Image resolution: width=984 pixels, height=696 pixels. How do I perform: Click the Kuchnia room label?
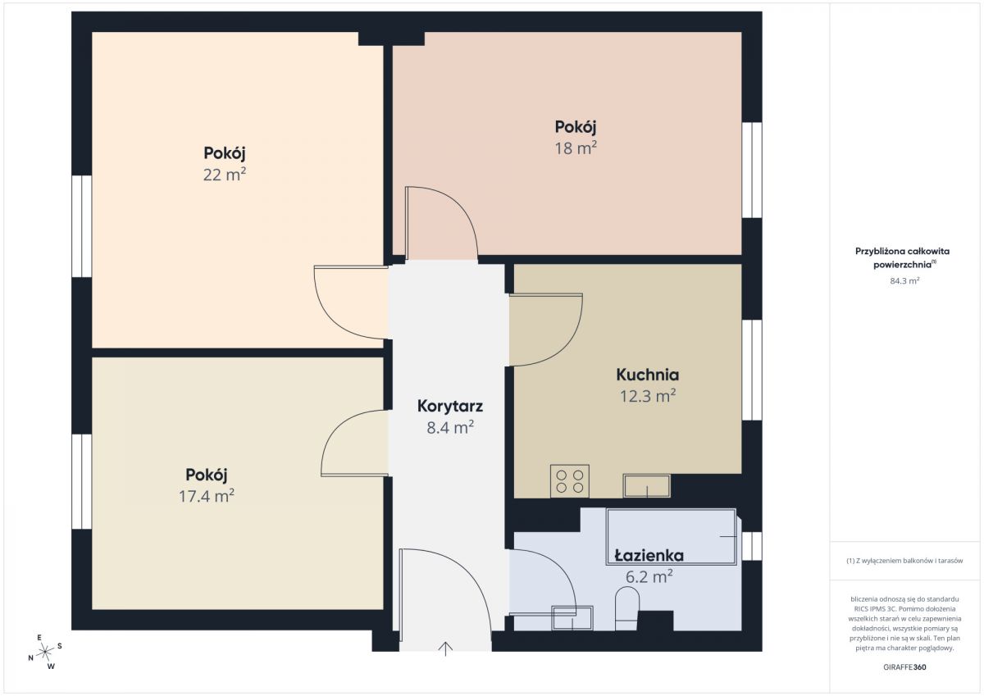pos(648,375)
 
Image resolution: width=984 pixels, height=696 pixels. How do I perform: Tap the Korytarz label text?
pos(450,406)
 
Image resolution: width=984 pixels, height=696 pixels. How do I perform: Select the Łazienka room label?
pos(649,556)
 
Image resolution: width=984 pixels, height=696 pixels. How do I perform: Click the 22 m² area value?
pos(224,175)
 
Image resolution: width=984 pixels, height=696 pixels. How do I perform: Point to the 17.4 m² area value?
pos(206,496)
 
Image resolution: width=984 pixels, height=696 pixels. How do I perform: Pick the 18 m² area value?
pos(576,148)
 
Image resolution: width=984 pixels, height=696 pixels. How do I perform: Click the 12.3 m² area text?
pos(648,396)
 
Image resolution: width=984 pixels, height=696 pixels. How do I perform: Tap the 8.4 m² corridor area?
pos(450,427)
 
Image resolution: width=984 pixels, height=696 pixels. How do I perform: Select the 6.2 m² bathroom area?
pos(649,576)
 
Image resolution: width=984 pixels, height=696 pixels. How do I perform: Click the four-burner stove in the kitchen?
pos(570,481)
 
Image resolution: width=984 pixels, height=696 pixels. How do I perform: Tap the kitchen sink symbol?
pos(647,485)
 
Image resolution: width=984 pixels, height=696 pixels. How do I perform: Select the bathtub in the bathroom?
pos(672,537)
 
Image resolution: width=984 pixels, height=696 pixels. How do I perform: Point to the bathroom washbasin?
pos(572,618)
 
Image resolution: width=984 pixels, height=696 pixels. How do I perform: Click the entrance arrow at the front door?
pos(445,648)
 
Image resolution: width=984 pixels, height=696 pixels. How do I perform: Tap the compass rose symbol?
pos(45,652)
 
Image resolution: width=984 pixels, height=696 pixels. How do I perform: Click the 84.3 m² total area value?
pos(905,280)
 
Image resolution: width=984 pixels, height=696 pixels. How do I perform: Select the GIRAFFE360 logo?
pos(904,666)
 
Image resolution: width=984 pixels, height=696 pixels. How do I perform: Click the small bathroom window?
pos(752,546)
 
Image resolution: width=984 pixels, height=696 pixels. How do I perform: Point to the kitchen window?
pos(752,371)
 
